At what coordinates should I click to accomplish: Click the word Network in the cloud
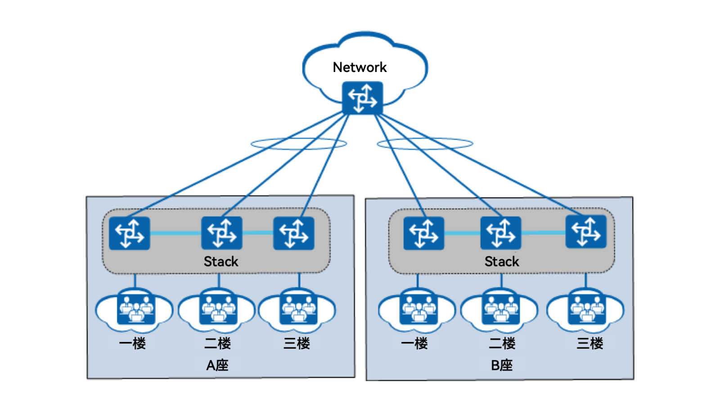click(360, 67)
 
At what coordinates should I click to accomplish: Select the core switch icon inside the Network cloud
click(362, 98)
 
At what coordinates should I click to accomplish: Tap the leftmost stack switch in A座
click(130, 233)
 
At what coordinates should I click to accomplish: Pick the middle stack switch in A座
click(221, 233)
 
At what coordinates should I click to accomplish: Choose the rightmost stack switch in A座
click(294, 233)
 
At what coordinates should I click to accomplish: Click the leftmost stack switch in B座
click(423, 233)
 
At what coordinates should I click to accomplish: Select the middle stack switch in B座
click(500, 233)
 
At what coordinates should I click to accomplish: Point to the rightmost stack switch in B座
click(586, 232)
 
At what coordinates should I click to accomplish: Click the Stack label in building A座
click(221, 261)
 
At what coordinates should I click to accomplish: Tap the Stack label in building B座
click(502, 261)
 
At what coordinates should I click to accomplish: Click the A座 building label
click(217, 365)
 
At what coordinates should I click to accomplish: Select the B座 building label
click(502, 365)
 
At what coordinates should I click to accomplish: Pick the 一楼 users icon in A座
click(135, 309)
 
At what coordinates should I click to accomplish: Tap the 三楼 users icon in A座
click(298, 309)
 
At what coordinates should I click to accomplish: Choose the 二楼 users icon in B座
click(500, 309)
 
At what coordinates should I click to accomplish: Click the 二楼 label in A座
click(218, 343)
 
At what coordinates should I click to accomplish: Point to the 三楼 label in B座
click(590, 343)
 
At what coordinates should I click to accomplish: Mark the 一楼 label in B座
click(414, 343)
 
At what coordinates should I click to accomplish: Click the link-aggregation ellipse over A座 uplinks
click(299, 144)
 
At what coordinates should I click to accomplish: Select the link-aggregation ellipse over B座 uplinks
click(425, 144)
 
